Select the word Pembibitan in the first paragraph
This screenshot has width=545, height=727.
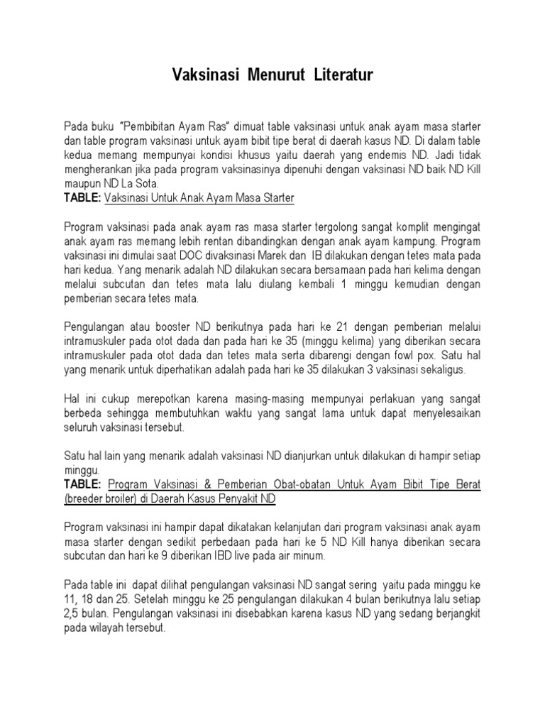pyautogui.click(x=158, y=126)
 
